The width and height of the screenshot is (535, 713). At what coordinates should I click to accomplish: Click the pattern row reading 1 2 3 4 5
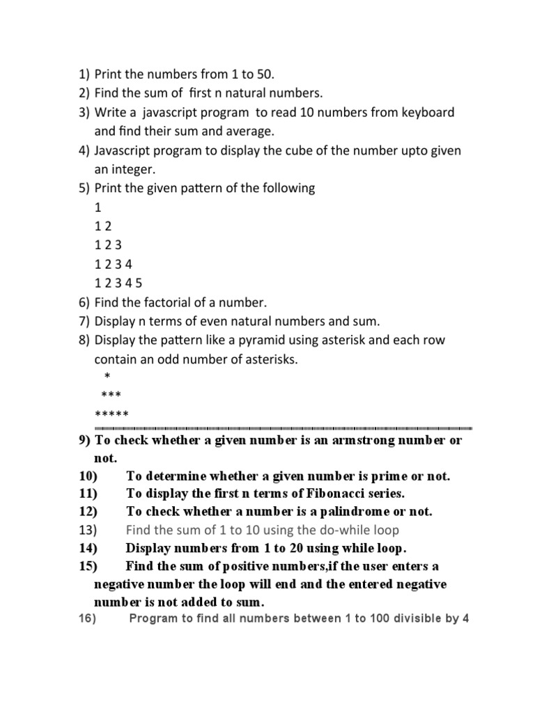(x=118, y=283)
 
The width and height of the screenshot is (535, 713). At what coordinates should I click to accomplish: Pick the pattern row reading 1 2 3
(x=108, y=245)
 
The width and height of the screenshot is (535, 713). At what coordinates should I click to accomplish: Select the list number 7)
(x=84, y=321)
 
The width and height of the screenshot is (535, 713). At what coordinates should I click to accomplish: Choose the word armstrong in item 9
(x=373, y=441)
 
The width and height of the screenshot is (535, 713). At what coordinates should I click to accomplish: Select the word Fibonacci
(x=325, y=494)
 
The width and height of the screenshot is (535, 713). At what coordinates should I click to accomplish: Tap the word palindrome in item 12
(x=338, y=512)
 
